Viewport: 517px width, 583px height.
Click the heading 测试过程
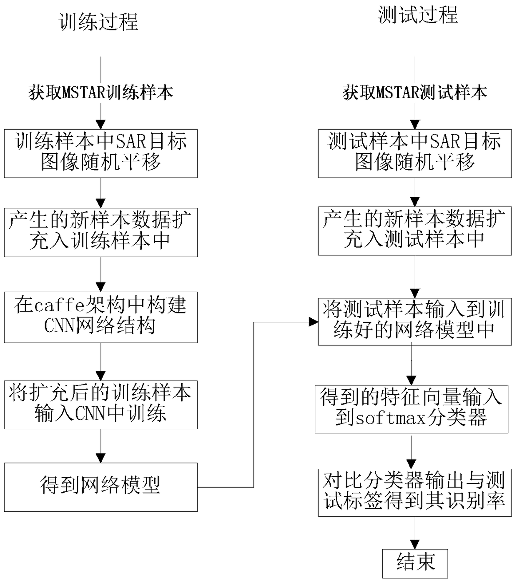pos(418,15)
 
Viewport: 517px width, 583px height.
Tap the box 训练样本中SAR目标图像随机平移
pos(100,153)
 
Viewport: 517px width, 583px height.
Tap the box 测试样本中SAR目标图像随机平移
pos(415,153)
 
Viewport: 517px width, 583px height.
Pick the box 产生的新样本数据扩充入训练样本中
pos(100,232)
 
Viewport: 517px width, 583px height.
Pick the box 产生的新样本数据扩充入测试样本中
pos(415,231)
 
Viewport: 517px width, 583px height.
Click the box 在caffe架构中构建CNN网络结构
pos(100,317)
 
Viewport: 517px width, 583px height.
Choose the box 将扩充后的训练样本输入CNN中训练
pos(100,404)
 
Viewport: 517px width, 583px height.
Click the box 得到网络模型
pos(100,487)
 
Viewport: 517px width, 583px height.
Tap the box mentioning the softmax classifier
pos(412,409)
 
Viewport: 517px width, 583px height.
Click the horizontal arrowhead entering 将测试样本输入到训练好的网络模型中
pos(314,322)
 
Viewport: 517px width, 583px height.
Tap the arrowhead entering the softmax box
pos(412,380)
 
